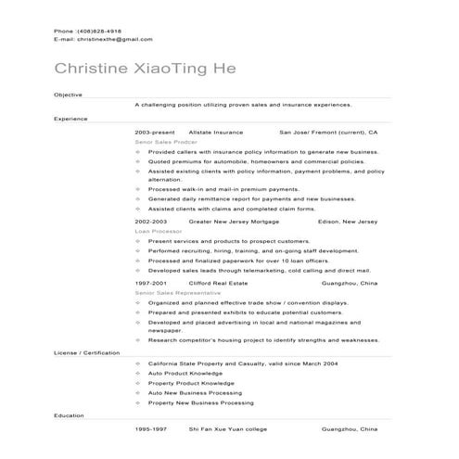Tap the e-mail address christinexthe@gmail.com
tap(103, 40)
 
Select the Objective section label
tap(68, 95)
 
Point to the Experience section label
tap(70, 119)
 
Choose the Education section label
tap(69, 414)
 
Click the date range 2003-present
tap(153, 133)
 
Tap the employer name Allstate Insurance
tap(215, 133)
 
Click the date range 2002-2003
tap(150, 223)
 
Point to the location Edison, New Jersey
tap(347, 223)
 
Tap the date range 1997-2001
tap(150, 283)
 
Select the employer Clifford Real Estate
tap(217, 283)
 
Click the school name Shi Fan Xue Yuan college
tap(227, 430)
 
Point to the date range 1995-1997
tap(150, 430)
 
